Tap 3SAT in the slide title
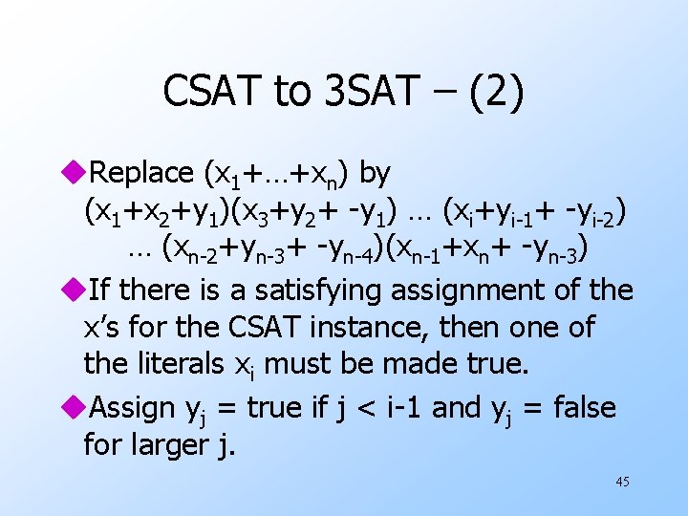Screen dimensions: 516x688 pos(374,91)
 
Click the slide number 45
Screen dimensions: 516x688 pos(622,482)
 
